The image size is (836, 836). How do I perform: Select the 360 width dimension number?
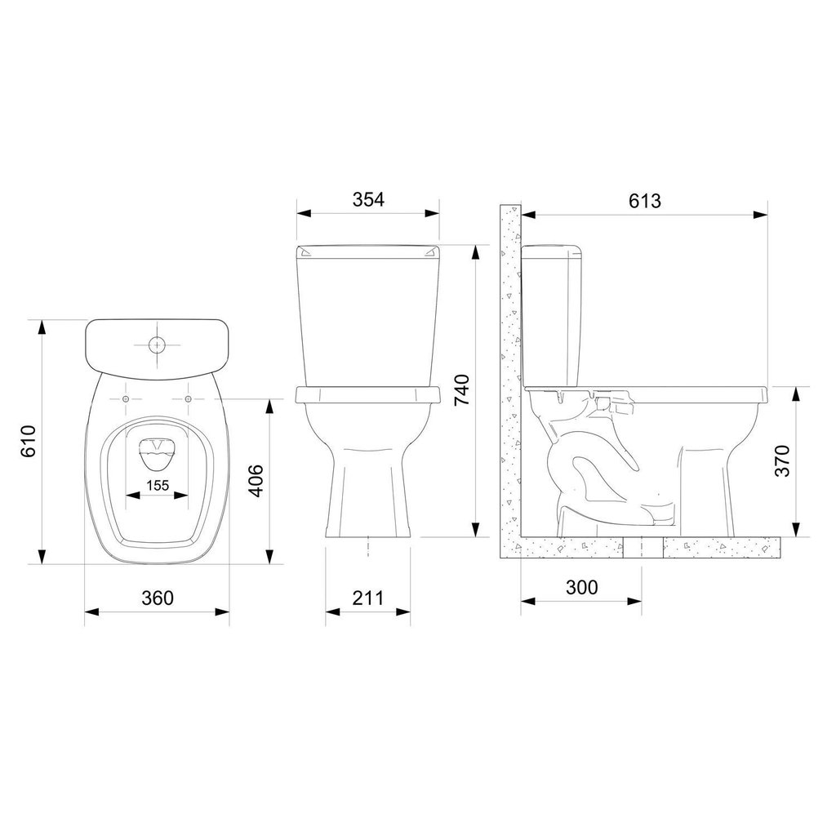pos(158,598)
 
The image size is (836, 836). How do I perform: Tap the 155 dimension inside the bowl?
pos(158,485)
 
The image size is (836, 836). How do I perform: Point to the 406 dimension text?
pos(256,480)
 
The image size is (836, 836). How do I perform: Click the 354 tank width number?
pos(368,199)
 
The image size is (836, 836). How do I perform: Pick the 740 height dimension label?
pos(462,389)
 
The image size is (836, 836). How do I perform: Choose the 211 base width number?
pos(368,598)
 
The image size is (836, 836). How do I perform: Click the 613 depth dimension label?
pos(645,201)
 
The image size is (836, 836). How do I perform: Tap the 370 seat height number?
pos(783,460)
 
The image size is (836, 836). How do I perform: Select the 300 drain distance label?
pos(581,587)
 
